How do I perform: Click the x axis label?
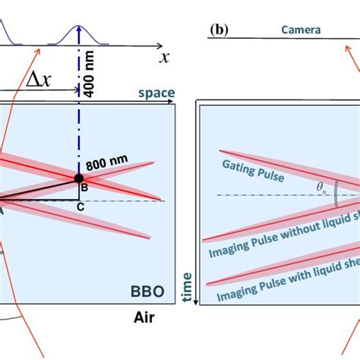(x=163, y=56)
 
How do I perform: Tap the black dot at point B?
(x=79, y=178)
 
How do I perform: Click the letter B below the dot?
(x=84, y=188)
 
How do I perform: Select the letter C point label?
(x=81, y=204)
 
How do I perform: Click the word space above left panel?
(x=156, y=93)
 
